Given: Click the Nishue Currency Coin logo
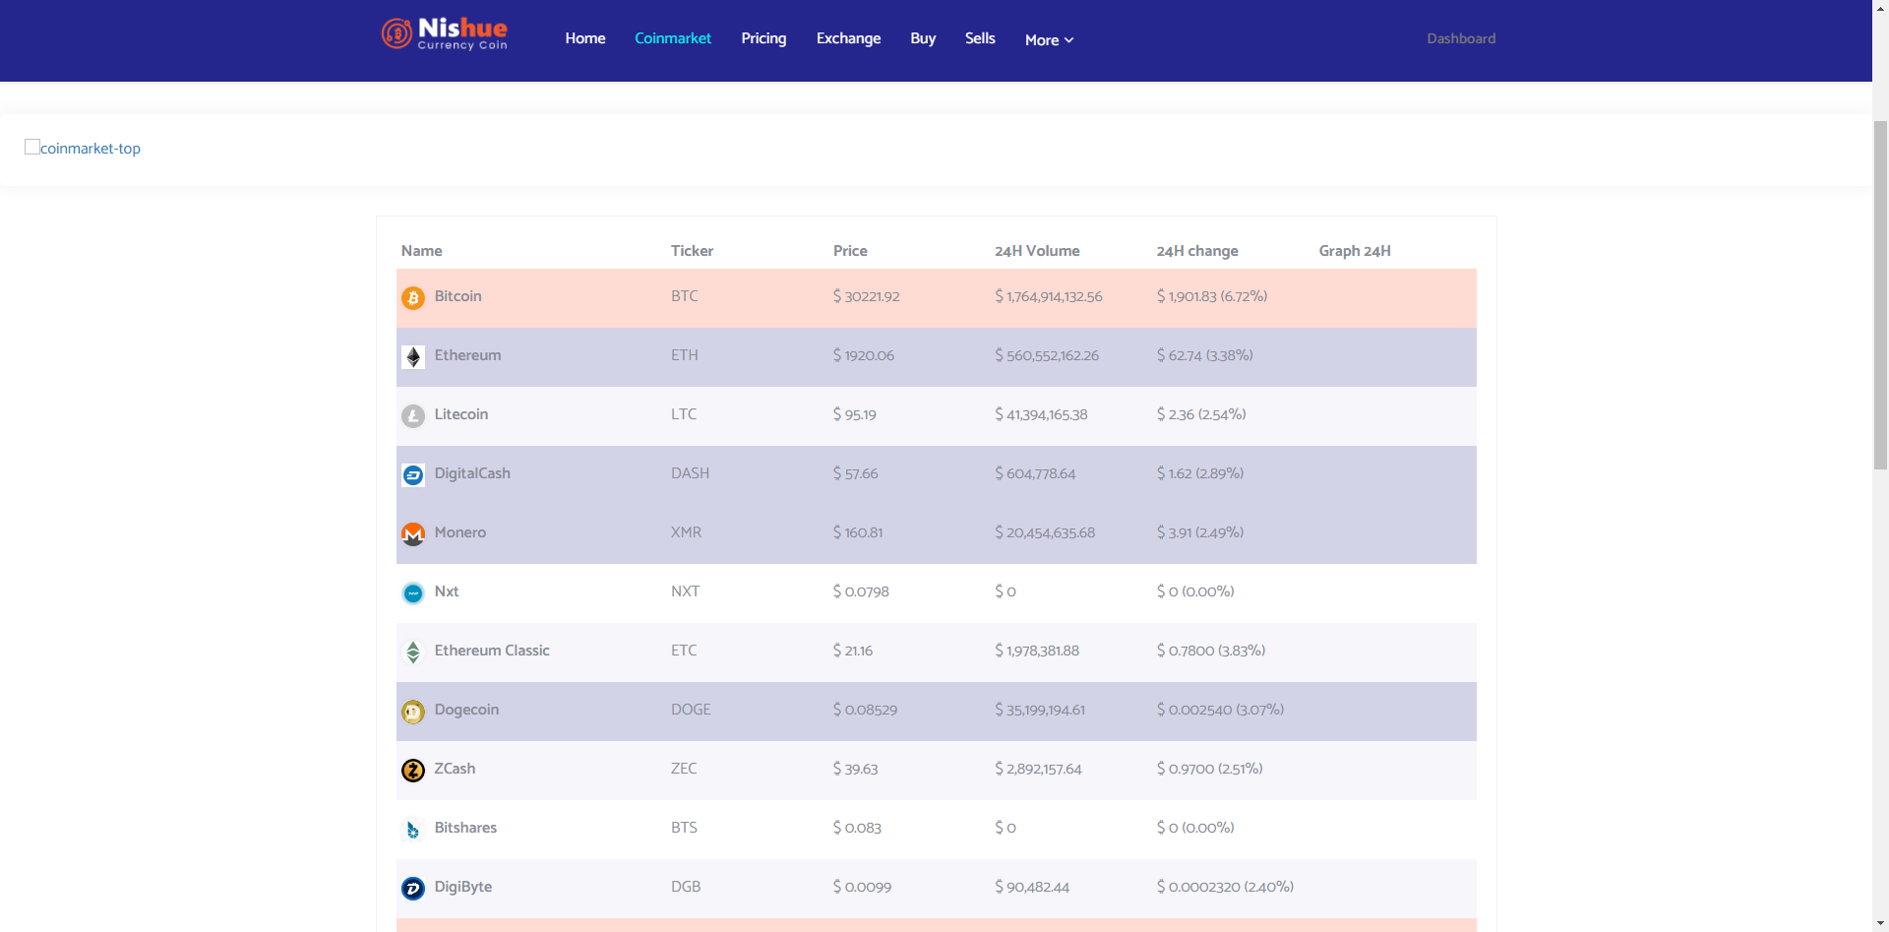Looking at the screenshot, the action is [x=445, y=33].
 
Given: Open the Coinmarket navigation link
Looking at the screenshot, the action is [x=673, y=38].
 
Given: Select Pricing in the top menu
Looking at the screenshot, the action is [x=763, y=38].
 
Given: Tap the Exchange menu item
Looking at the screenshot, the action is [x=848, y=38].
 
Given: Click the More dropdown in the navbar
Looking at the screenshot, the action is [x=1049, y=40].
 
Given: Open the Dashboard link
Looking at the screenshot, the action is [x=1461, y=38].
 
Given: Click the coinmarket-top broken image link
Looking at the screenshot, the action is [x=83, y=148].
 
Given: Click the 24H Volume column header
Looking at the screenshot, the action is [x=1037, y=251].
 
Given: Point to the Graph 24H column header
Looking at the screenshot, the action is [x=1355, y=251].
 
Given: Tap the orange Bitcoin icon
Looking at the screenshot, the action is [x=413, y=297].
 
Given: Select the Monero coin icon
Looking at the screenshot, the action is [x=413, y=533].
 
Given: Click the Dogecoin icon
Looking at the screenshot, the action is [x=413, y=711].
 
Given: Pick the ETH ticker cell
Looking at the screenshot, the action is [x=685, y=355].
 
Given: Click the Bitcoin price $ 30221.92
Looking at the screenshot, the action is [x=866, y=296].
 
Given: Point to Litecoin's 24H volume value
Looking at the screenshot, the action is [x=1041, y=414].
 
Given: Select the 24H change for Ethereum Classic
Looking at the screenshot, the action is [x=1211, y=651].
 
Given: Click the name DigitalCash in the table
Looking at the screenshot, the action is [x=472, y=473].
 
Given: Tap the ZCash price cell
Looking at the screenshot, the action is [x=855, y=769].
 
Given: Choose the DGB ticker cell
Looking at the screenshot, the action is [x=686, y=887].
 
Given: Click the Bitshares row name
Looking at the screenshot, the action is [x=465, y=828].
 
